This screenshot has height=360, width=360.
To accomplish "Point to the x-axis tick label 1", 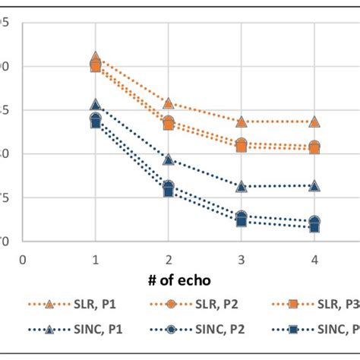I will click(x=96, y=258).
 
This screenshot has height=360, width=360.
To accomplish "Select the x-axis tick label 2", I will click(x=168, y=258).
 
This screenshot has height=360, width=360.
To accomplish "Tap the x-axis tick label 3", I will click(x=241, y=258).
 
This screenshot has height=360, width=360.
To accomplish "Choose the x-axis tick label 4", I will click(x=314, y=258).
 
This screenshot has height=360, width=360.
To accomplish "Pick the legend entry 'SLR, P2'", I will click(x=209, y=304).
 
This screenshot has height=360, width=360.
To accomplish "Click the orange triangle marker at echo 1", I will click(x=96, y=58).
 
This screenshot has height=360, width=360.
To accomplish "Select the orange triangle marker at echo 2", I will click(x=168, y=103).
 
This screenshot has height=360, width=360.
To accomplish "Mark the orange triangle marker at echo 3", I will click(x=241, y=122).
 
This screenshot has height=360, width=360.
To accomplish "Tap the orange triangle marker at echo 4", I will click(x=314, y=122).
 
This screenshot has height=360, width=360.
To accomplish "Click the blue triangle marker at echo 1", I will click(x=96, y=105).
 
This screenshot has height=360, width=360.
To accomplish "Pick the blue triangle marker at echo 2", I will click(x=168, y=159).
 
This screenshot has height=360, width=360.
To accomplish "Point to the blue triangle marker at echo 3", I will click(x=241, y=186).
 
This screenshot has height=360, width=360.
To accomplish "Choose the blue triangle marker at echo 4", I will click(x=314, y=185).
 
